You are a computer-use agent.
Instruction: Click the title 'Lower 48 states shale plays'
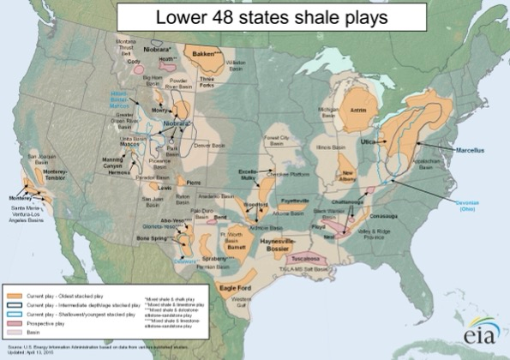click(x=255, y=16)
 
